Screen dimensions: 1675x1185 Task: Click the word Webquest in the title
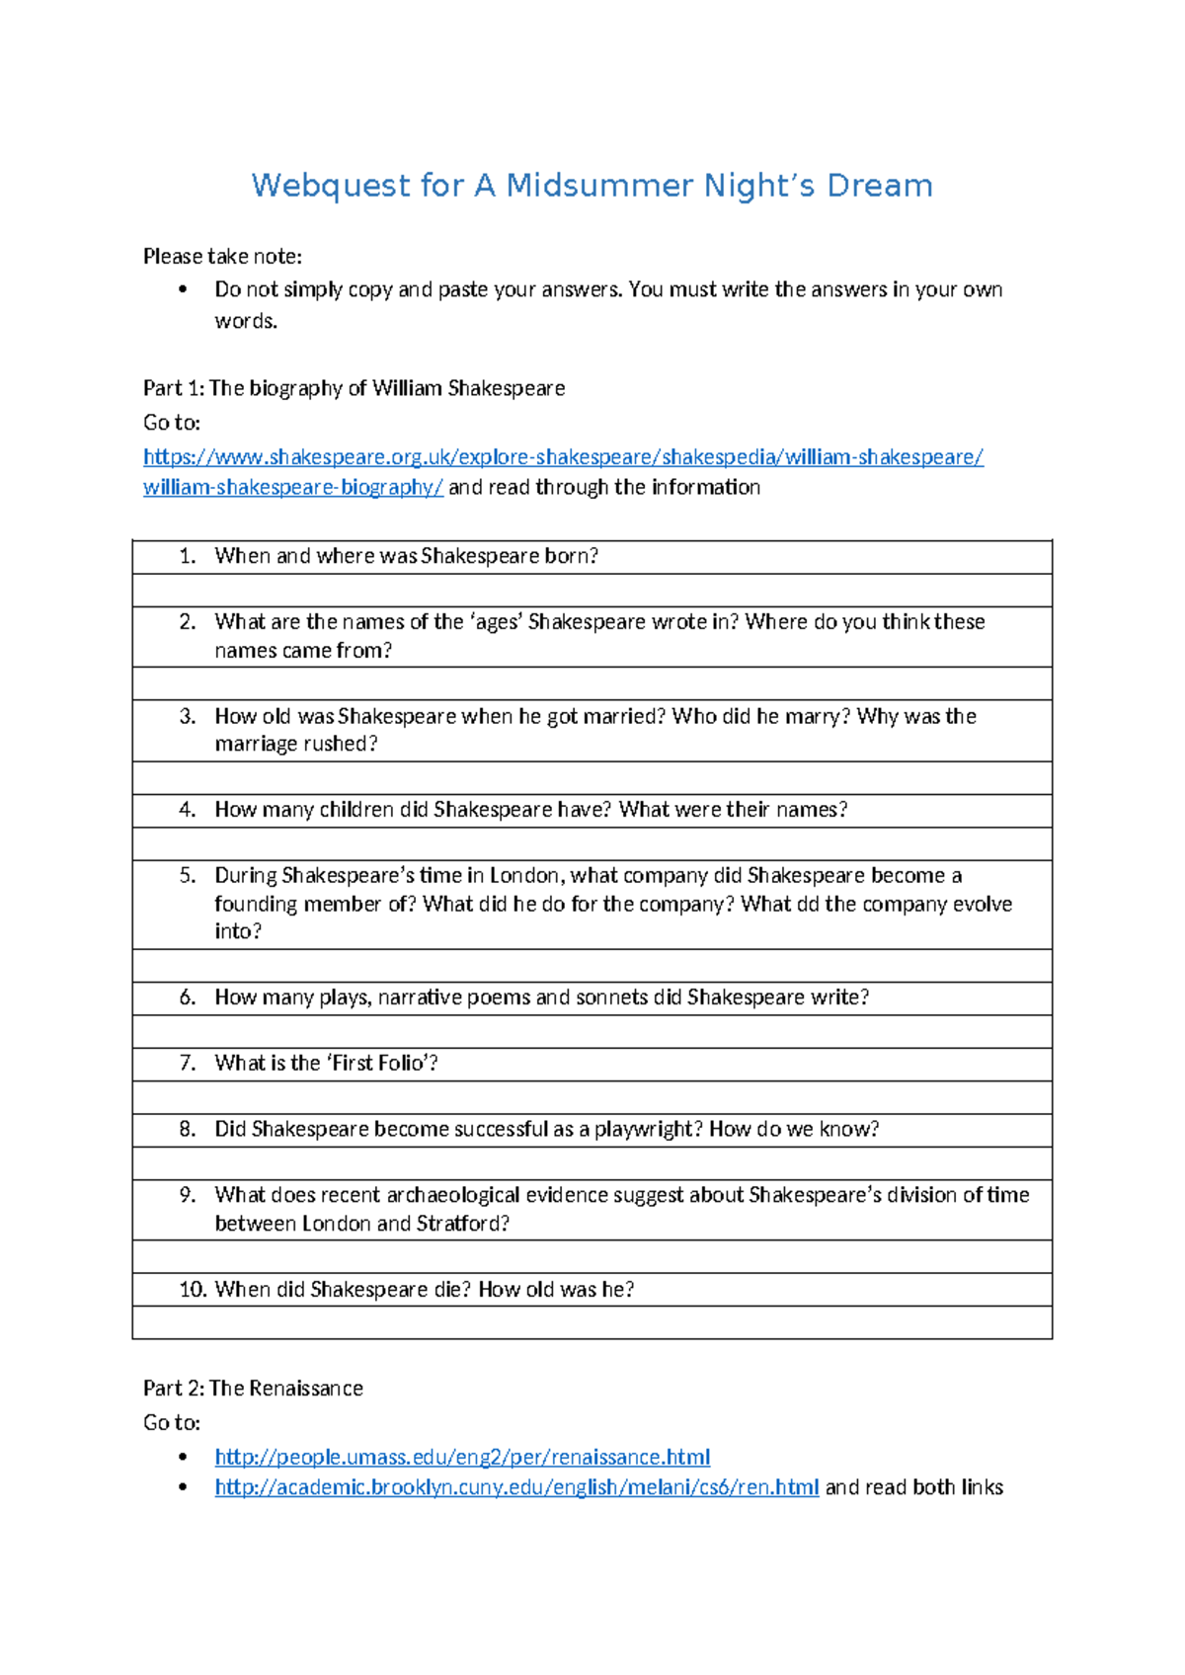tap(330, 186)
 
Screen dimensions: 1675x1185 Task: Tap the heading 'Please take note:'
tap(222, 257)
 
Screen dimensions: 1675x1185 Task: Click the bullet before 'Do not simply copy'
tap(183, 290)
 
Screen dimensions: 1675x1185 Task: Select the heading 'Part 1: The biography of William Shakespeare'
tap(354, 388)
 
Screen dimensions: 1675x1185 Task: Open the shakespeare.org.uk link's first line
tap(563, 457)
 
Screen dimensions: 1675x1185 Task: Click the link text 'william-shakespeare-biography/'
tap(293, 487)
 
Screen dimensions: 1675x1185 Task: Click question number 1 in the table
tap(188, 556)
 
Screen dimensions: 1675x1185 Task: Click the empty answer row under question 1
tap(592, 591)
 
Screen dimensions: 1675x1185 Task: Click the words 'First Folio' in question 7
tap(378, 1064)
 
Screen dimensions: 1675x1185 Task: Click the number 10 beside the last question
tap(192, 1290)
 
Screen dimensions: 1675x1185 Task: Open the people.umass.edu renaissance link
tap(462, 1457)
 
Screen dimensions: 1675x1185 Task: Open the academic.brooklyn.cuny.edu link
tap(516, 1487)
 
